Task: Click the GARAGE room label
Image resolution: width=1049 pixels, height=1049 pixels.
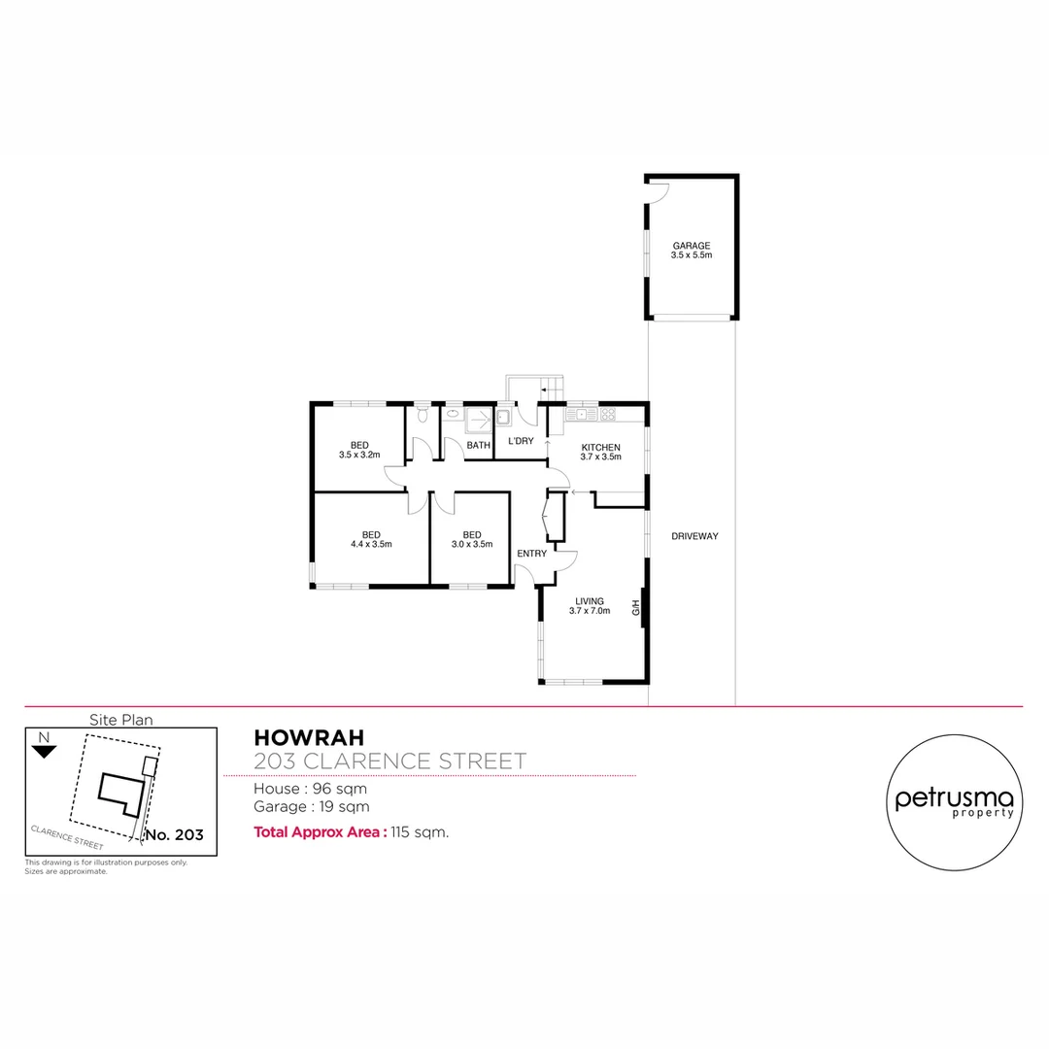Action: [x=692, y=246]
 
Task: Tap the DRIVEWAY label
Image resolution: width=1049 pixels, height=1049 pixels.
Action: [x=694, y=536]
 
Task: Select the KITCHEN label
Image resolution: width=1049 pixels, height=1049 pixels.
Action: [x=600, y=447]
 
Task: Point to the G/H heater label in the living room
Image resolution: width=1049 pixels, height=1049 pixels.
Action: [x=636, y=609]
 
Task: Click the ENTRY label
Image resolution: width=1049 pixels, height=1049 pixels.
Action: [x=531, y=554]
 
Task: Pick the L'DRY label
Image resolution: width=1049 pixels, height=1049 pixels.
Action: [x=521, y=442]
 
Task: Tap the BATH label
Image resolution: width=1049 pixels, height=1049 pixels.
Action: [x=478, y=446]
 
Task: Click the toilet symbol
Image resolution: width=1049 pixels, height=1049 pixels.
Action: [x=421, y=416]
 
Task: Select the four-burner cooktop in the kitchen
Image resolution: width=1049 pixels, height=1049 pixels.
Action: [x=607, y=415]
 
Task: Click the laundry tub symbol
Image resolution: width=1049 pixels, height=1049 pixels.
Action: [x=504, y=419]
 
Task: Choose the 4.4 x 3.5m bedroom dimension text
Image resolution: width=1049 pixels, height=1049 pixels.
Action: [x=371, y=544]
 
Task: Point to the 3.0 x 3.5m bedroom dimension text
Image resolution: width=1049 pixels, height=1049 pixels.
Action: [x=472, y=544]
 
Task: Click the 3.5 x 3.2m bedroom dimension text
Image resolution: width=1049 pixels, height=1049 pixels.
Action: [x=358, y=455]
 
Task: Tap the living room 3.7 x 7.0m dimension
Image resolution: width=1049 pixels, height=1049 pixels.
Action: [x=590, y=611]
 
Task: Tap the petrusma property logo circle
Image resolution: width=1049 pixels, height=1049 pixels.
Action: [x=954, y=802]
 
